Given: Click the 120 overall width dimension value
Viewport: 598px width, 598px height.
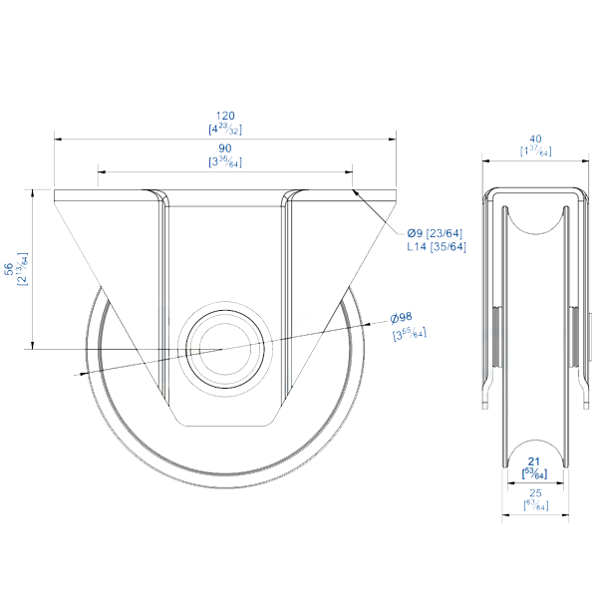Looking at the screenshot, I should pos(225,116).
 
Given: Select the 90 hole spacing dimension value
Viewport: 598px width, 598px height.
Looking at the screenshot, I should pos(225,148).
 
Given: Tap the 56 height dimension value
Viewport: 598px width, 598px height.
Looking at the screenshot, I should pos(9,268).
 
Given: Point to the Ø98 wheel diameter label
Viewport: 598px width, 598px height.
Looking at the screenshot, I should pos(402,318).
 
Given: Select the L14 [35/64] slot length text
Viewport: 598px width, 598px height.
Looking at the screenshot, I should pos(436,246).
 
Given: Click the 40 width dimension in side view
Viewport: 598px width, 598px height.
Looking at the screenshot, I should pos(536,139).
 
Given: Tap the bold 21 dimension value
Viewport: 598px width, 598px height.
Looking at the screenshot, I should pos(534,461).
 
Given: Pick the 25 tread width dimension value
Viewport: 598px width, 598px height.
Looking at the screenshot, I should pos(535,493).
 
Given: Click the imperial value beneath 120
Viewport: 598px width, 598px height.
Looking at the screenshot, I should pos(225,129).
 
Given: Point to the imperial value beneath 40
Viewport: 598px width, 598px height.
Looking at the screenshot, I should pos(536,150).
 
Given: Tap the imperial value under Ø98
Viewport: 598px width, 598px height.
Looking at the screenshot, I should pos(409,333).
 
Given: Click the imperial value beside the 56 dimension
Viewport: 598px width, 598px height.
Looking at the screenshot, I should pos(22,268).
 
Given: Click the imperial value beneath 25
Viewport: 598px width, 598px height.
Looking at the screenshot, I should pos(535,505).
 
